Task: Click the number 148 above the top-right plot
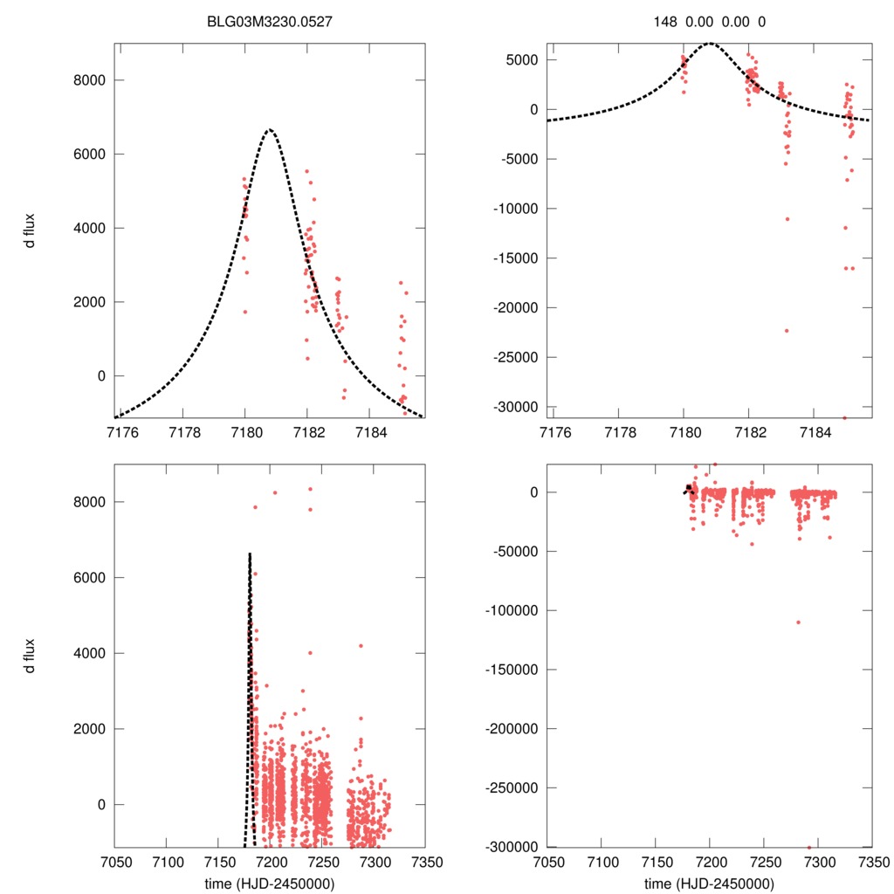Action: coord(666,21)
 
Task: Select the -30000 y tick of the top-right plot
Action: coord(514,407)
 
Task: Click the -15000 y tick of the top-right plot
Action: coord(514,258)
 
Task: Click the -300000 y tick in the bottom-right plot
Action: coord(510,847)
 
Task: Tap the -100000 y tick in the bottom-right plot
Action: coord(510,610)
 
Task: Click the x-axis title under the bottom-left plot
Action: coord(270,883)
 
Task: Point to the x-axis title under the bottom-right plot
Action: coord(709,883)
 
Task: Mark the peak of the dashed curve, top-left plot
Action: coord(270,129)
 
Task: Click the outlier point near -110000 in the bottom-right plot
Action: coord(798,622)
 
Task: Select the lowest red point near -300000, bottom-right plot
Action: coord(809,847)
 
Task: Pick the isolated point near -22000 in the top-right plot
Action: coord(786,331)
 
